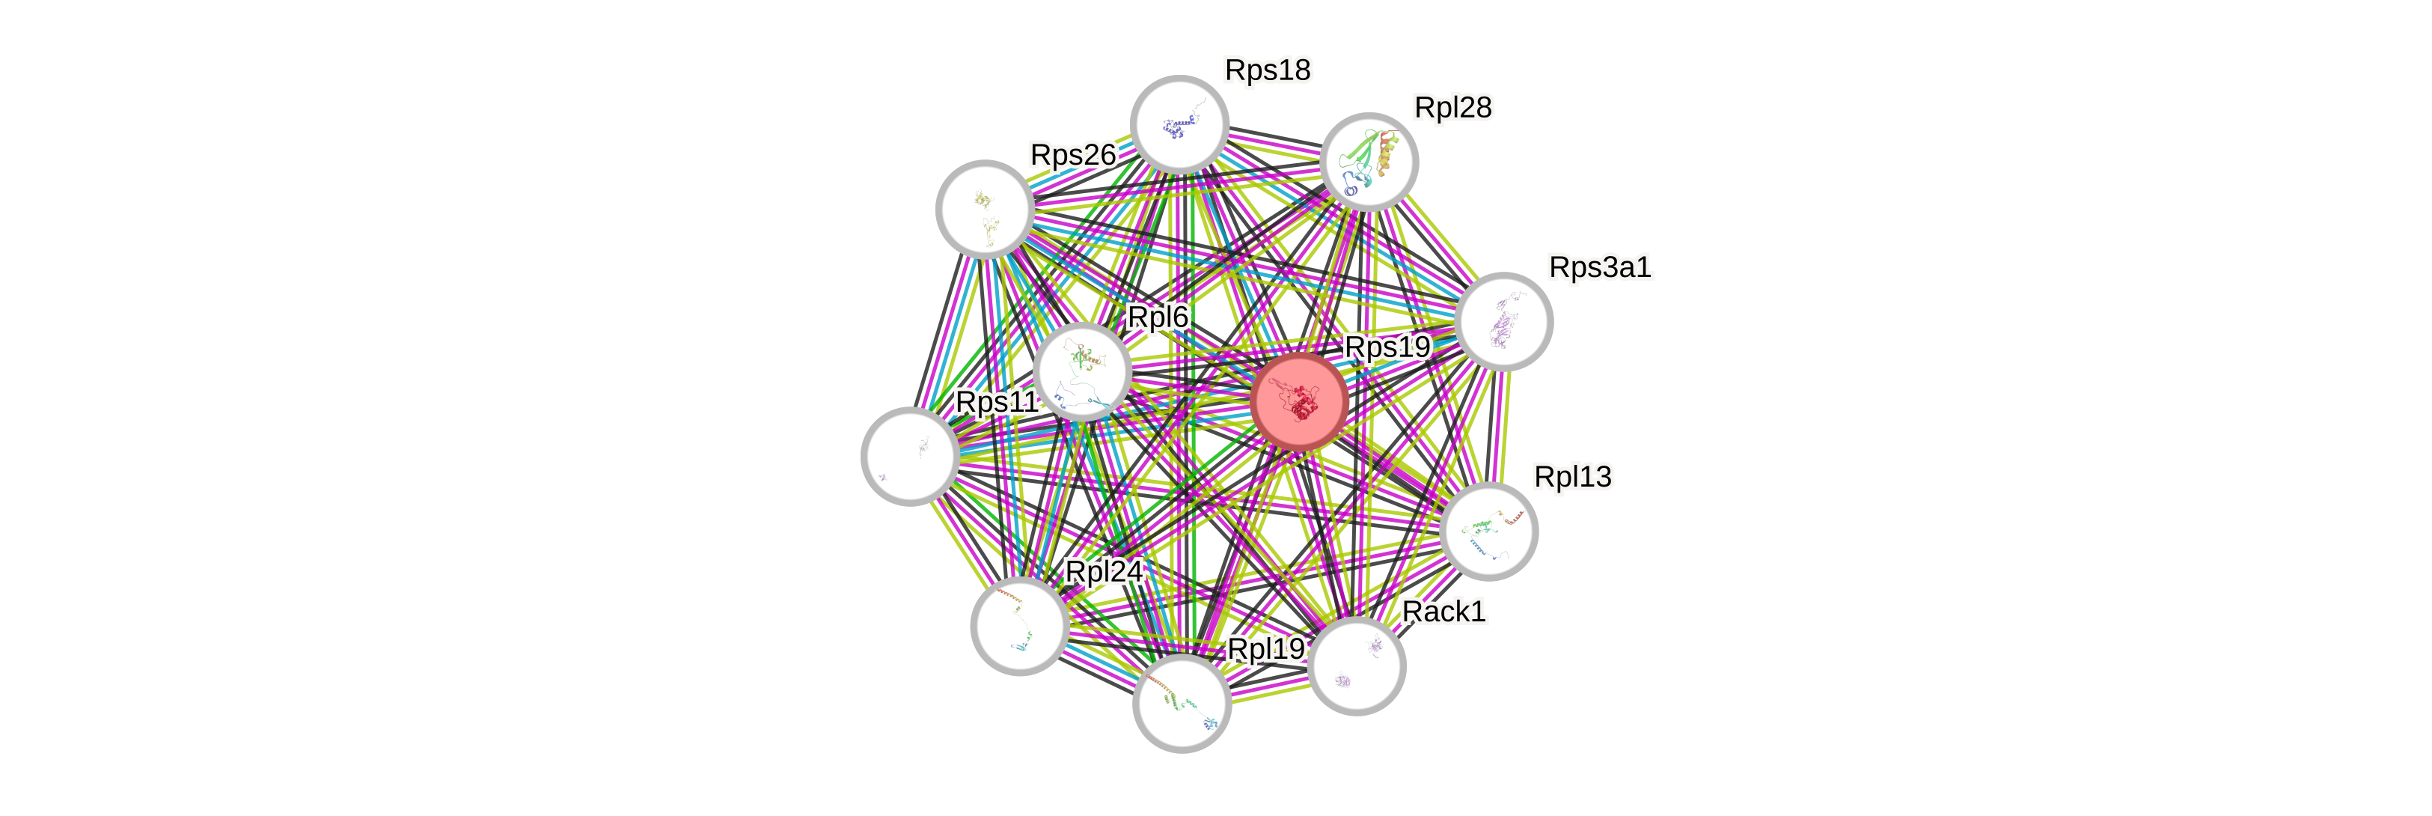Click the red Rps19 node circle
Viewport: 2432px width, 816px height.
[1299, 401]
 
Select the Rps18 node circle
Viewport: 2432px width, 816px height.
[1179, 125]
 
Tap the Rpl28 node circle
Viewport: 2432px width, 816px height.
[1368, 162]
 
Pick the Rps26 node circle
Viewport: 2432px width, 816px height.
[985, 209]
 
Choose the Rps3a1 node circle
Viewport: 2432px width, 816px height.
[1503, 321]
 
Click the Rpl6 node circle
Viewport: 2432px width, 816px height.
[1082, 371]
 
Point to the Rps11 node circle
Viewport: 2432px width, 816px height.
[910, 456]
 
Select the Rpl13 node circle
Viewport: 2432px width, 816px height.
[1489, 531]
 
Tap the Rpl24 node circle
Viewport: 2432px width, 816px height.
[1020, 625]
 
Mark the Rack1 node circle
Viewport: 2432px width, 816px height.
[1357, 666]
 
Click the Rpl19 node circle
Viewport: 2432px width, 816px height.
[1181, 704]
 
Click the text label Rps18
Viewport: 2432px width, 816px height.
[1267, 70]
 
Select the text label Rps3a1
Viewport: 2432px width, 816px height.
[1599, 267]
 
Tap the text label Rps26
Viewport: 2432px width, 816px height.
[1072, 155]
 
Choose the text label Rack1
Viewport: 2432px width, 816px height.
[1443, 611]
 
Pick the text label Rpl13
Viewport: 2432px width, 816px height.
[1572, 477]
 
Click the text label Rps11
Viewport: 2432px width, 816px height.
[997, 401]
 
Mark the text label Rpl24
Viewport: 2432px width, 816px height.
[1104, 571]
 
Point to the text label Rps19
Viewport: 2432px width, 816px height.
[1387, 347]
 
